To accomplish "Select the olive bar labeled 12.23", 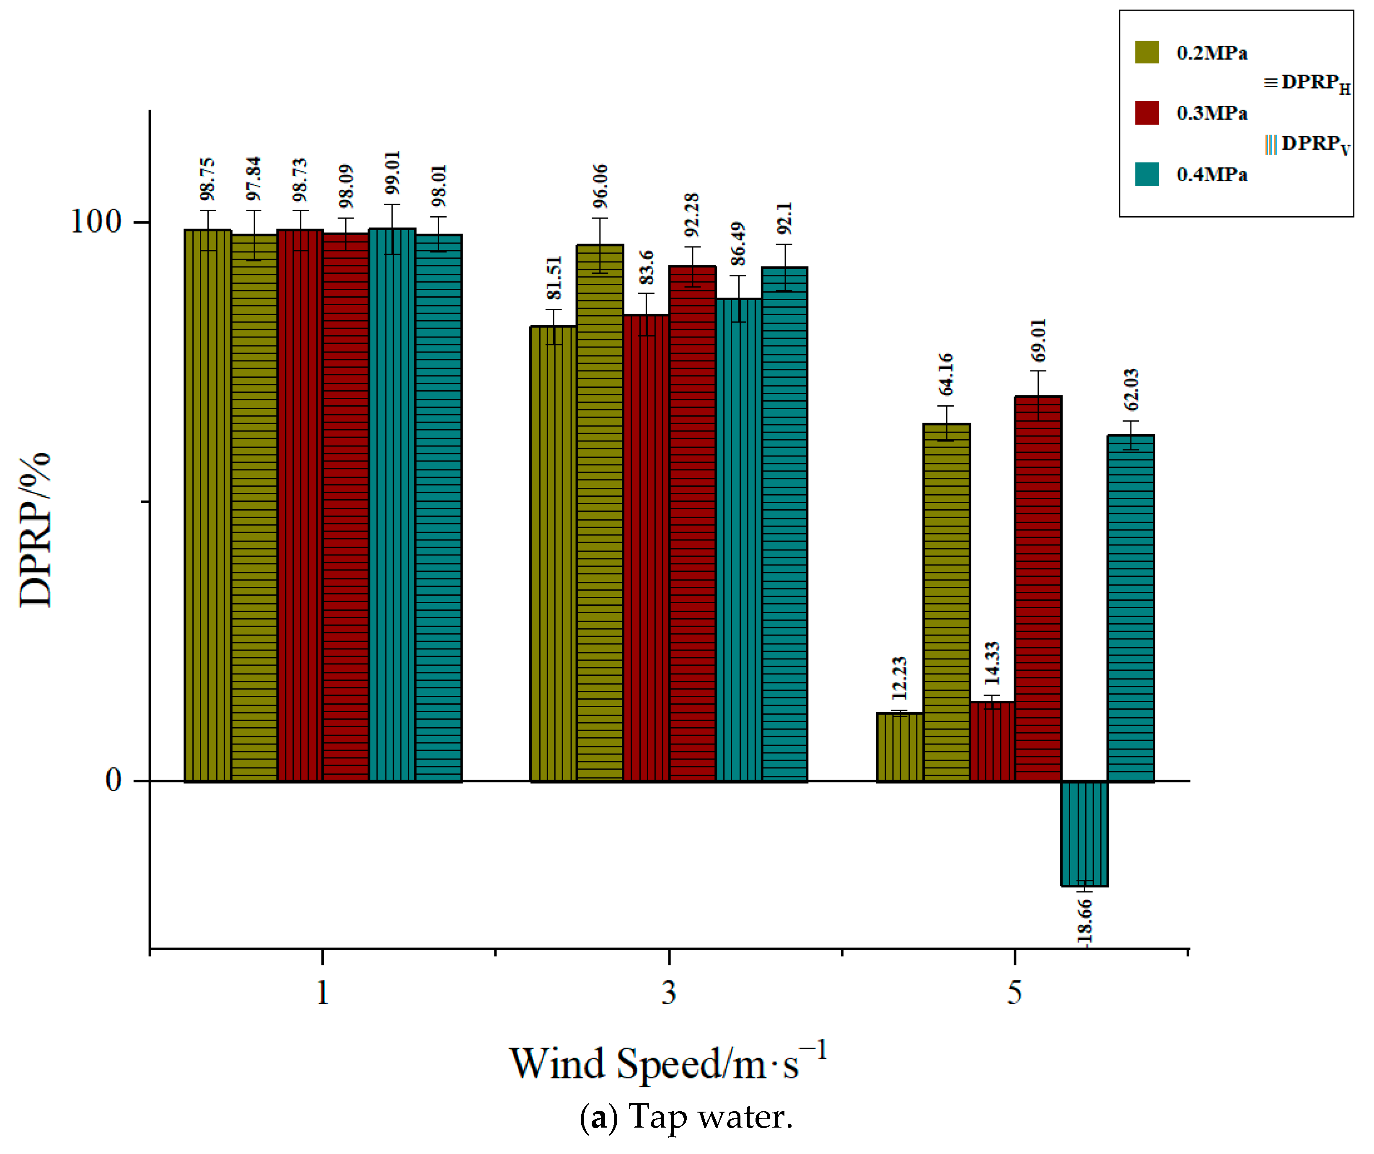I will coord(900,747).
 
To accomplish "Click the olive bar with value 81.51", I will coord(554,554).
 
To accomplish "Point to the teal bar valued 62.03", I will coord(1131,608).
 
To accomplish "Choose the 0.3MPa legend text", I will coord(1212,113).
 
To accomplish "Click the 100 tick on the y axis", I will coord(96,222).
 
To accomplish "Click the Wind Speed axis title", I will coord(668,1064).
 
